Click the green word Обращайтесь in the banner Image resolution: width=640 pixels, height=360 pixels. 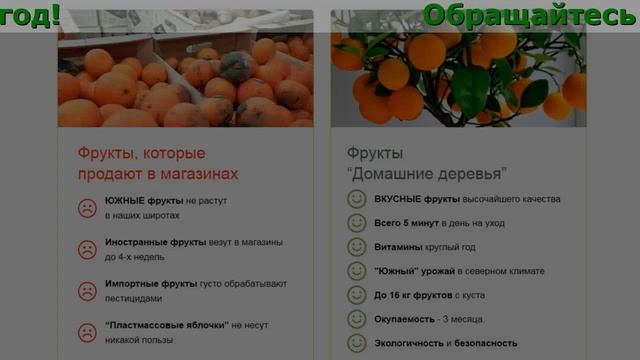pyautogui.click(x=527, y=15)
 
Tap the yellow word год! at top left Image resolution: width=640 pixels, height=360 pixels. pyautogui.click(x=30, y=15)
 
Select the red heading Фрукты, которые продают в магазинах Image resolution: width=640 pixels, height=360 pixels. pyautogui.click(x=158, y=164)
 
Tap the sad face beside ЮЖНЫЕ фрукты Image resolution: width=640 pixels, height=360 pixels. pyautogui.click(x=88, y=208)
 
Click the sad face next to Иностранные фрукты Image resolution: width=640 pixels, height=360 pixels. pyautogui.click(x=88, y=249)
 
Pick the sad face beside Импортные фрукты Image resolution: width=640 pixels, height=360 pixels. pyautogui.click(x=88, y=290)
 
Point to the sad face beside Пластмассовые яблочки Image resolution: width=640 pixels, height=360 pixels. pyautogui.click(x=88, y=332)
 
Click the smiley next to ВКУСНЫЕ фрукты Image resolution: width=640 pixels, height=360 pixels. pyautogui.click(x=356, y=199)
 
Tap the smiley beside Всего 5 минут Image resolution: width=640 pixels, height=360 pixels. pyautogui.click(x=356, y=223)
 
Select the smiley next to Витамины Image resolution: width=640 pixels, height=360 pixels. pyautogui.click(x=356, y=247)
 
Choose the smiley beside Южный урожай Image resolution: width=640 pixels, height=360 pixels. pyautogui.click(x=356, y=271)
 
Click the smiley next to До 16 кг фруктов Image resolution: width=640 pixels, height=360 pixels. pyautogui.click(x=356, y=295)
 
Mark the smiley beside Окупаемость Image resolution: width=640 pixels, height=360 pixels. pyautogui.click(x=356, y=319)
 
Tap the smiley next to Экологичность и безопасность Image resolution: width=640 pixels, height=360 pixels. pyautogui.click(x=356, y=343)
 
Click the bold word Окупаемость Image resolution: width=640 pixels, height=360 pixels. pyautogui.click(x=404, y=319)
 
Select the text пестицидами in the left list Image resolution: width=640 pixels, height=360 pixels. pyautogui.click(x=133, y=298)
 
